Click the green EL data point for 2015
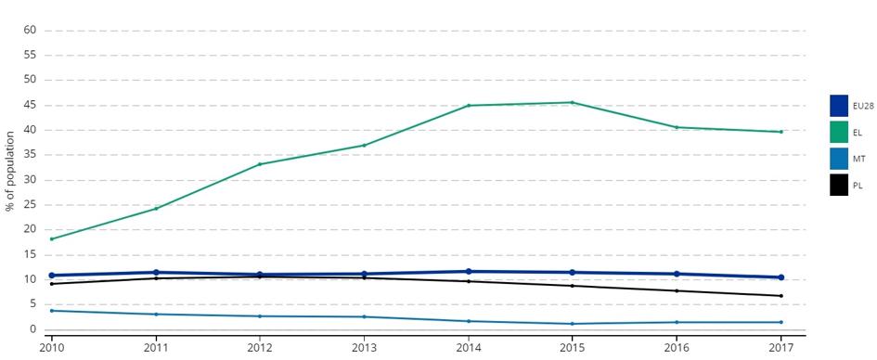572,102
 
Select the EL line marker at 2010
51,238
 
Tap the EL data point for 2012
260,164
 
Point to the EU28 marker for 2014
468,271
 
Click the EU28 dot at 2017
780,277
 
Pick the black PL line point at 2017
780,296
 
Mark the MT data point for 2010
51,310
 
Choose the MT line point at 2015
572,324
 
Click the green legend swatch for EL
839,133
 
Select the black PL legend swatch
839,185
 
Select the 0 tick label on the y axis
33,329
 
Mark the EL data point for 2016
677,127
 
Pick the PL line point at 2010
51,284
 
